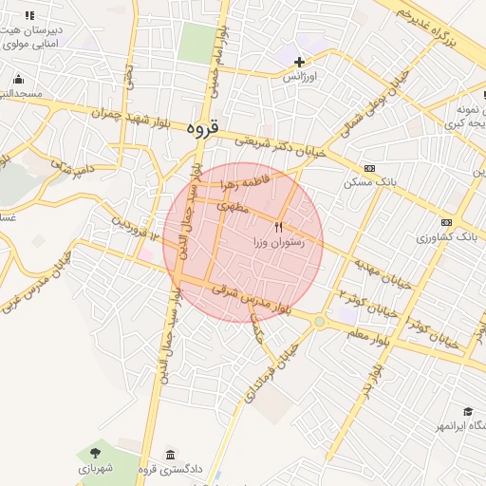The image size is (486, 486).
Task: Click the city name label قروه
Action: pos(202,126)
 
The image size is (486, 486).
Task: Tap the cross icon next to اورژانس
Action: pos(299,62)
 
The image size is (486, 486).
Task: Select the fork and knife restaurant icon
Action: pos(278,227)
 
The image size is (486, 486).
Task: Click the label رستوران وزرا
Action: pos(278,243)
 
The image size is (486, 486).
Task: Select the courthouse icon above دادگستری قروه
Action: pos(171,454)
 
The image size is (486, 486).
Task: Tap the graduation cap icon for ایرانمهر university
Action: pos(468,411)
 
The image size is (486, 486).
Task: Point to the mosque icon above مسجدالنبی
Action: pos(18,79)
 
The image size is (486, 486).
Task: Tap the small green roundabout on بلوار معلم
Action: pos(320,322)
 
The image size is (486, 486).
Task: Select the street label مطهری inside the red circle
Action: pos(234,205)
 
